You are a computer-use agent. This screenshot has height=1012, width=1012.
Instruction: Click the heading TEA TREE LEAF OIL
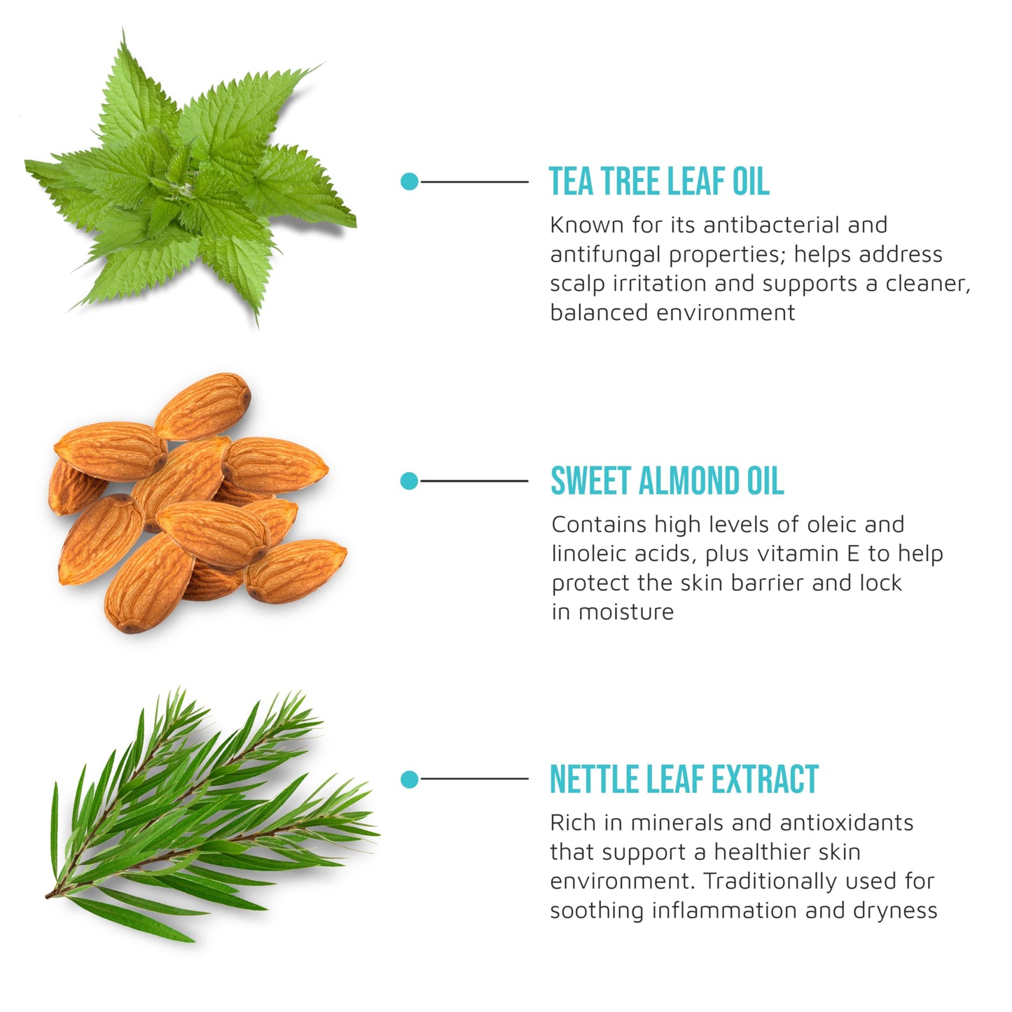(x=658, y=181)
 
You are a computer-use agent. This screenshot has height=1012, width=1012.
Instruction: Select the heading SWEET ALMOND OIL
(x=667, y=481)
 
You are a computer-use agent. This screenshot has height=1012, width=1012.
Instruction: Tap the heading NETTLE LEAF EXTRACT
(x=684, y=779)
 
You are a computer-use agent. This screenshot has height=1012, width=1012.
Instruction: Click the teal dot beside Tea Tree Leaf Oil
(x=410, y=182)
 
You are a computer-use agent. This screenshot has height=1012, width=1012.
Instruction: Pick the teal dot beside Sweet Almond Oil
(x=410, y=481)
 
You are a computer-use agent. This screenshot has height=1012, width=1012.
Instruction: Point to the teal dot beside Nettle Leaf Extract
(x=410, y=779)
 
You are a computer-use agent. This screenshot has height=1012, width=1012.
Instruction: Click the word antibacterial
(x=771, y=225)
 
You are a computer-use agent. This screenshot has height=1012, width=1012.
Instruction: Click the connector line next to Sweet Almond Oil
(x=474, y=481)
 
